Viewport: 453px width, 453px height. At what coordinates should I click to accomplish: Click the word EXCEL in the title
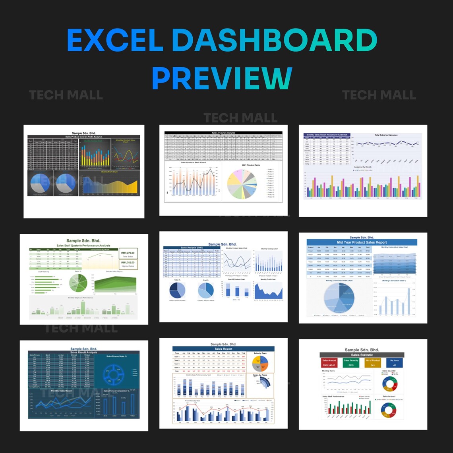point(115,40)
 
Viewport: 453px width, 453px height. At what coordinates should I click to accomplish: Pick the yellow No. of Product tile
point(373,362)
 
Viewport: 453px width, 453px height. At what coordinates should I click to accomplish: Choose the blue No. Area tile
point(394,362)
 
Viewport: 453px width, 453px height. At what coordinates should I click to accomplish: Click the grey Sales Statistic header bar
point(362,355)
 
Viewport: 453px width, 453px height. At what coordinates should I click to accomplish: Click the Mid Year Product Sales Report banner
point(362,242)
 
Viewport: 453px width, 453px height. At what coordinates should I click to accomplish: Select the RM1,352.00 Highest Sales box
point(128,264)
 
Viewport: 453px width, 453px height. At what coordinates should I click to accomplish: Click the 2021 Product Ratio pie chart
point(242,184)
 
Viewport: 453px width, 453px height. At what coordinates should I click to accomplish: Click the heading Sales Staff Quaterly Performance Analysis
point(83,246)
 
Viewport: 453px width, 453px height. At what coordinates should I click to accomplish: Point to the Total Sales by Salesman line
point(386,143)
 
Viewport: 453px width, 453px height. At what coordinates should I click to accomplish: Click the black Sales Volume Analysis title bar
point(223,133)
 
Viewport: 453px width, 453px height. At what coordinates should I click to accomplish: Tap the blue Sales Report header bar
point(223,349)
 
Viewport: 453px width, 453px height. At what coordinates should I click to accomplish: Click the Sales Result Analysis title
point(83,352)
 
